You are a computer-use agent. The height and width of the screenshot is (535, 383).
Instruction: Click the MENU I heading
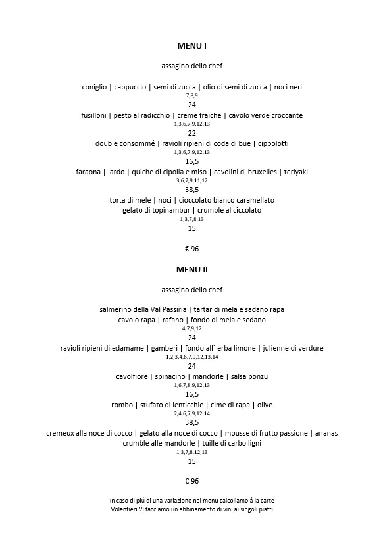tap(191, 46)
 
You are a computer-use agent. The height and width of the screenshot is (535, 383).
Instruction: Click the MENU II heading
tap(191, 269)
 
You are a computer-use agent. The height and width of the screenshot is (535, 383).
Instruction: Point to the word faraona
tap(90, 172)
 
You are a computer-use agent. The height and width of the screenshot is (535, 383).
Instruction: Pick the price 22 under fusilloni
tap(191, 132)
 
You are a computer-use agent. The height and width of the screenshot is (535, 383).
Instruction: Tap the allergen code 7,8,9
tap(191, 96)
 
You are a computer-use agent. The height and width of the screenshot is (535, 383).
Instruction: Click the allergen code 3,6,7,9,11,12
tap(191, 181)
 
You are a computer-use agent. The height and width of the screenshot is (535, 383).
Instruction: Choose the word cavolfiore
tap(132, 376)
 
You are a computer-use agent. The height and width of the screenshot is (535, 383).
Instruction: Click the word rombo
tap(123, 405)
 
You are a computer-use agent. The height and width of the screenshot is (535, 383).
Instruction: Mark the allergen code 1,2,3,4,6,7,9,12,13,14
tap(191, 357)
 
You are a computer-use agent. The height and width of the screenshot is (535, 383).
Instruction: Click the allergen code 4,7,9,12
tap(191, 328)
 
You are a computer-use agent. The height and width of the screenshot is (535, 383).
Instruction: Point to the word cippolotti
tap(268, 143)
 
